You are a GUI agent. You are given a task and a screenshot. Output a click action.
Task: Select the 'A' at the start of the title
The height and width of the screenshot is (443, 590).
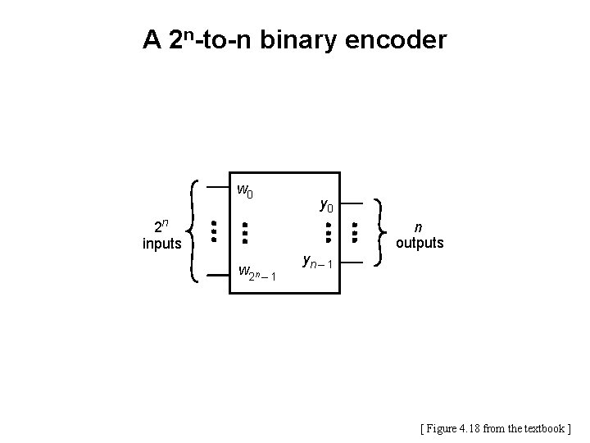(x=152, y=39)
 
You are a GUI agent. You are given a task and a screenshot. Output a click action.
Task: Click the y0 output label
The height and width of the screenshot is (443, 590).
(x=326, y=204)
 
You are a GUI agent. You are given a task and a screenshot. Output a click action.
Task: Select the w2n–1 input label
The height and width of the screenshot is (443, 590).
(x=256, y=272)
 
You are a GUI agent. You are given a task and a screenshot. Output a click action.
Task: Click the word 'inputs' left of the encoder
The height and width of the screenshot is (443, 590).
(x=162, y=244)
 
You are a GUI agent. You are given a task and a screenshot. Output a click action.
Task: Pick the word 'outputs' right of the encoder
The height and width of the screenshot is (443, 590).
(x=420, y=243)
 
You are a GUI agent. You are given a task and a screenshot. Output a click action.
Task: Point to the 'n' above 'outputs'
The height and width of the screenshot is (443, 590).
(x=419, y=227)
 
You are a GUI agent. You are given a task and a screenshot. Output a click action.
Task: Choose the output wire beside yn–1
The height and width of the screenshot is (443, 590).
(x=350, y=263)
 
